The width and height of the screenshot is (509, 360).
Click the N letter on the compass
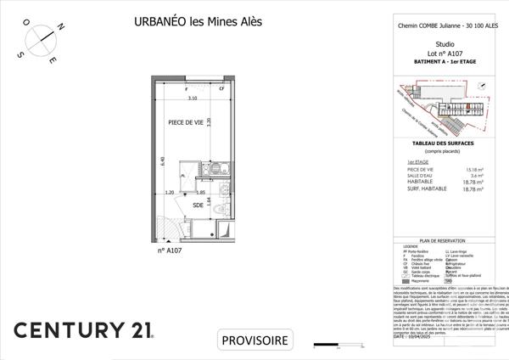[x=61, y=27]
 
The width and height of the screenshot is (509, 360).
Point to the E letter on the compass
[x=53, y=62]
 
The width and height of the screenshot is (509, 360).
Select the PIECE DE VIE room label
[x=185, y=121]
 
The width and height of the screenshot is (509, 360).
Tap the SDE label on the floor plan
[x=198, y=204]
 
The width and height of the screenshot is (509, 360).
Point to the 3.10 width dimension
[x=193, y=99]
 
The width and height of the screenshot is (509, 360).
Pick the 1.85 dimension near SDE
[x=202, y=193]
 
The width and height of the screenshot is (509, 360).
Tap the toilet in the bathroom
[x=221, y=208]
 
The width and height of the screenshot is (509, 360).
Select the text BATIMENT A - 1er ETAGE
[x=445, y=60]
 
